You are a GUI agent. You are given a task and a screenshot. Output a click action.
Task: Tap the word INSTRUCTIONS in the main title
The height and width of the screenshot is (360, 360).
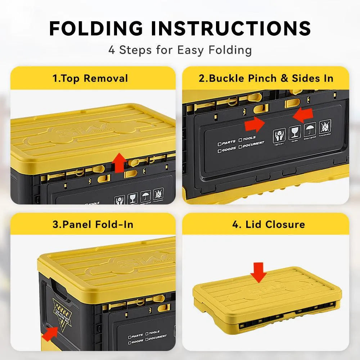pyautogui.click(x=231, y=28)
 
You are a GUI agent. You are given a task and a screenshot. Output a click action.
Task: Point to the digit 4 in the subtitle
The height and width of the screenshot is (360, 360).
pyautogui.click(x=112, y=50)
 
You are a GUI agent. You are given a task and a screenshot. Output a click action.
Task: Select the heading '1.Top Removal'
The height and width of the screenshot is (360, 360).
pyautogui.click(x=90, y=78)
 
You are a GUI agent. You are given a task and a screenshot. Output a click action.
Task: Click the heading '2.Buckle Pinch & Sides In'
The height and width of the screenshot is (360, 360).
pyautogui.click(x=266, y=78)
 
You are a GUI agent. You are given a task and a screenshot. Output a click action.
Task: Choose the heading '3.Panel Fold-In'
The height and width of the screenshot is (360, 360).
pyautogui.click(x=93, y=224)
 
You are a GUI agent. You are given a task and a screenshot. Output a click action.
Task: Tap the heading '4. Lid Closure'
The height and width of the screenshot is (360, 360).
pyautogui.click(x=268, y=224)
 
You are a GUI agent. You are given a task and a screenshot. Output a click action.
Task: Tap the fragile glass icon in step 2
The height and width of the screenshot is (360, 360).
pyautogui.click(x=294, y=133)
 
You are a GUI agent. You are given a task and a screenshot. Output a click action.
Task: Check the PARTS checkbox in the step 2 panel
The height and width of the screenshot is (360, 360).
pyautogui.click(x=220, y=144)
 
